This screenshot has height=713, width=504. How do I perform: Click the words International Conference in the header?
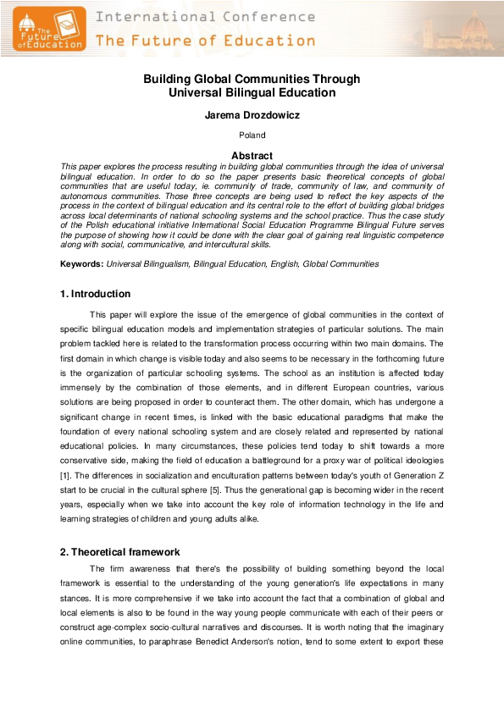point(205,16)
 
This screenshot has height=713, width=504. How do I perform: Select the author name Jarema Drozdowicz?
point(252,115)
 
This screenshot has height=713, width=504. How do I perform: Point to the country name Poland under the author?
point(252,135)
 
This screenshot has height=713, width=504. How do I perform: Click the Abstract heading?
point(252,156)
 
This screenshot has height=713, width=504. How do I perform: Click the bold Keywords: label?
point(80,264)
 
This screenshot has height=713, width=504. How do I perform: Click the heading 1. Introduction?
point(95,294)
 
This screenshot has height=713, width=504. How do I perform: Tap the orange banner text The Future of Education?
point(205,40)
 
